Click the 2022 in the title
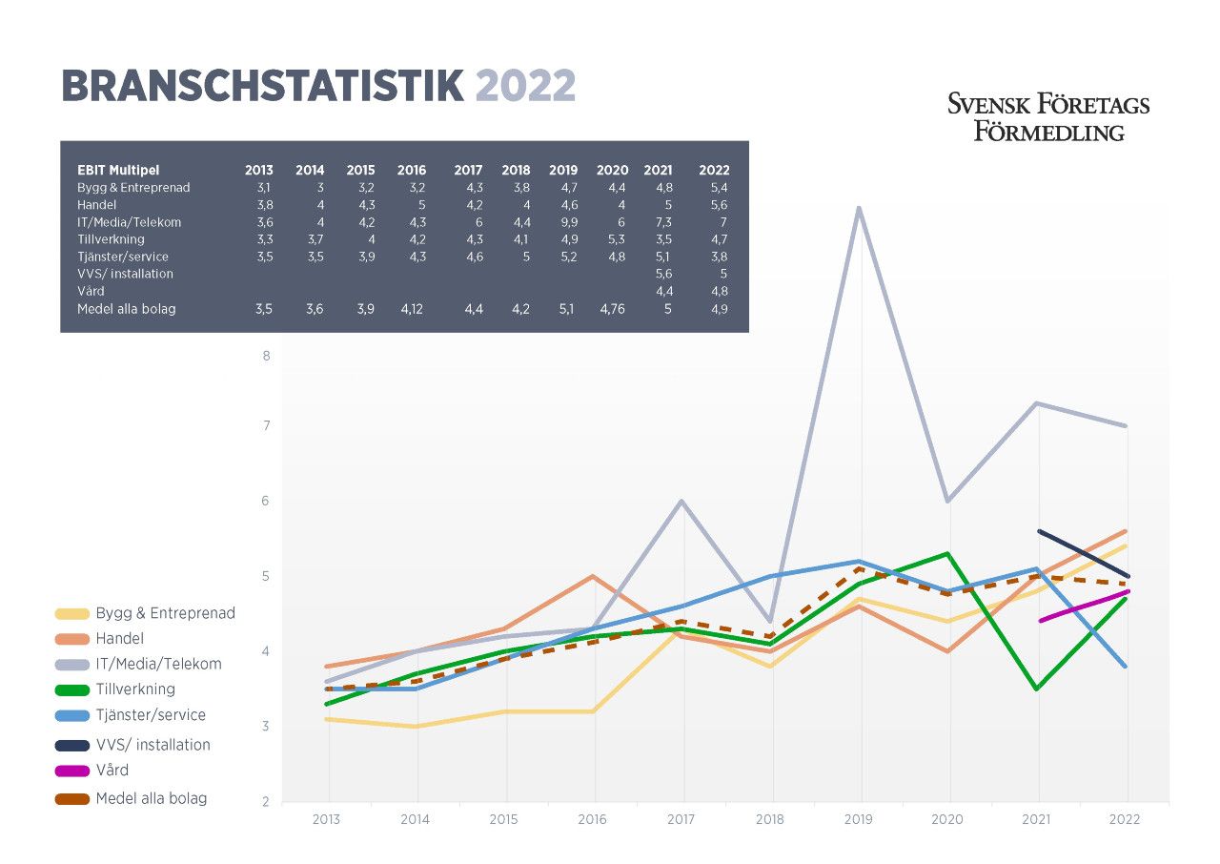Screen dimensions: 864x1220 526,87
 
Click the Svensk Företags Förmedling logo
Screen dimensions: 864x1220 1048,117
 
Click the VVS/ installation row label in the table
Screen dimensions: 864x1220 125,274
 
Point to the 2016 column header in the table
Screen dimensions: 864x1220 411,171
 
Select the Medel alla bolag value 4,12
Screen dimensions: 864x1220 411,309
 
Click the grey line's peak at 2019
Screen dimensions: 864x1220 861,208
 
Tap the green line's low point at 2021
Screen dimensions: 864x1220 1038,689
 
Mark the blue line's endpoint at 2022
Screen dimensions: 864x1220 1127,667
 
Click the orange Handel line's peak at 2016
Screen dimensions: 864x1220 594,576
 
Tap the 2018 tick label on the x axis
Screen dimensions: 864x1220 771,819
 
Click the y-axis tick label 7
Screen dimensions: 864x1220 267,425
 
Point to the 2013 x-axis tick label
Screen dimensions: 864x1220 327,819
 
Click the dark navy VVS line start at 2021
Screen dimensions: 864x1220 1039,531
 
